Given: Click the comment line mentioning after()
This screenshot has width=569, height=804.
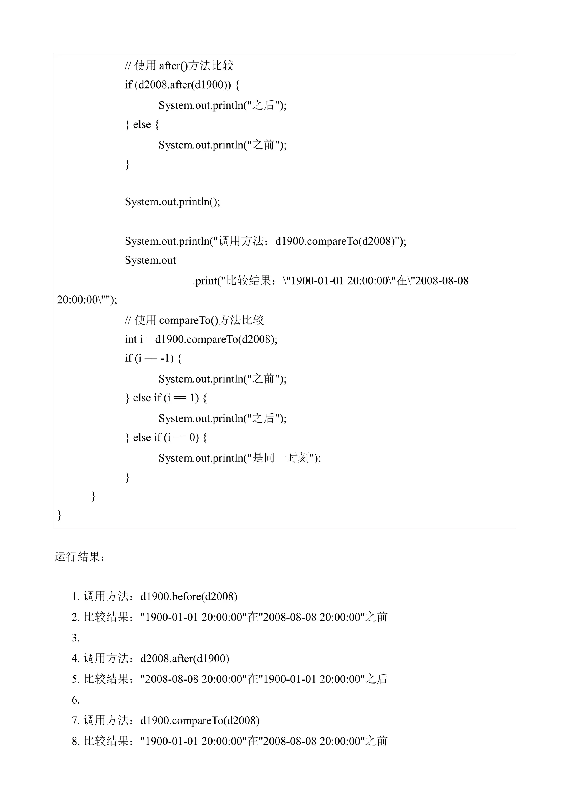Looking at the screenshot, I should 179,65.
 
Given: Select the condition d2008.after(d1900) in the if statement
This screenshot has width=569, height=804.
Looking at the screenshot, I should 182,85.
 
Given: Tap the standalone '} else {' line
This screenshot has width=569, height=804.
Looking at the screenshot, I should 142,124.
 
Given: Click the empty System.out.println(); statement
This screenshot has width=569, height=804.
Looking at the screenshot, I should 173,202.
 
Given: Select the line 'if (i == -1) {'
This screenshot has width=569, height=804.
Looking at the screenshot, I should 153,358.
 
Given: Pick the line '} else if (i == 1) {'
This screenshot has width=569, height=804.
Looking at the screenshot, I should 166,398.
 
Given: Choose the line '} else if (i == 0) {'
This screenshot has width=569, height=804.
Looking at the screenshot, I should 166,437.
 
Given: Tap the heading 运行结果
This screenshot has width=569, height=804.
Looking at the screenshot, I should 79,557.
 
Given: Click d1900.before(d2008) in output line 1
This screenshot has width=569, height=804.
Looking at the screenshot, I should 189,596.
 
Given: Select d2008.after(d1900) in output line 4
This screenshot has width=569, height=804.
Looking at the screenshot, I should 184,658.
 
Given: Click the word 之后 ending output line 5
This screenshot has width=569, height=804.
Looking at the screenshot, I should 376,679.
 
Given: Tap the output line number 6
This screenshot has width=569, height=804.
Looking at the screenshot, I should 76,700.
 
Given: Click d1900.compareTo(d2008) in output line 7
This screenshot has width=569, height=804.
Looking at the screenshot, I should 200,720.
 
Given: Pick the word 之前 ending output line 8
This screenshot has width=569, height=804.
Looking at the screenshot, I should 376,741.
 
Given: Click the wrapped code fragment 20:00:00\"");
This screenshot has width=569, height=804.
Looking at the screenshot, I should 87,300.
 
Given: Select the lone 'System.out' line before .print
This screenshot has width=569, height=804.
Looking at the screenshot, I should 150,260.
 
